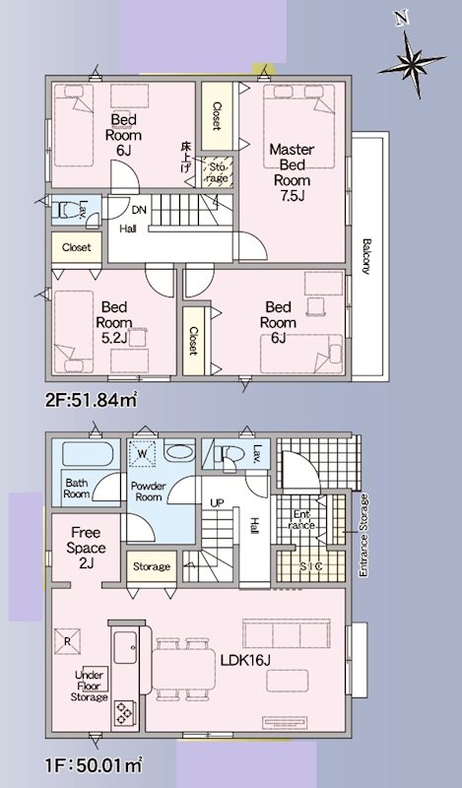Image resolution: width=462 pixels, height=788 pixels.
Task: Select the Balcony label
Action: (x=365, y=257)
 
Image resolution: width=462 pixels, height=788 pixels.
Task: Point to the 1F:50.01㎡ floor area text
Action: (x=94, y=762)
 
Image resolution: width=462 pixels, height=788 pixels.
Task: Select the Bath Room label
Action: (x=78, y=489)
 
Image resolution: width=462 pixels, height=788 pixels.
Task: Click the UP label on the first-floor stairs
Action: (x=218, y=503)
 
